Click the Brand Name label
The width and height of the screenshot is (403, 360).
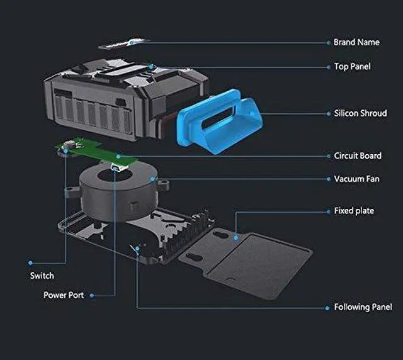click(x=356, y=42)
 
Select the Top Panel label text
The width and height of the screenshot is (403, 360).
click(x=352, y=66)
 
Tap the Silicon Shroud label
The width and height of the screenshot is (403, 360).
click(x=360, y=113)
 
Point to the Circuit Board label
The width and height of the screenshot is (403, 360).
click(x=357, y=155)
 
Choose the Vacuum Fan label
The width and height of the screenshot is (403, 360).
click(x=356, y=179)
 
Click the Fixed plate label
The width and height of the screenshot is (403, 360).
click(x=353, y=210)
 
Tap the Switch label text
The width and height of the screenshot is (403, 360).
click(x=42, y=276)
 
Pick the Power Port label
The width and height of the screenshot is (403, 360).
click(x=63, y=295)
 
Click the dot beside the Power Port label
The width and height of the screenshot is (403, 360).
click(x=93, y=295)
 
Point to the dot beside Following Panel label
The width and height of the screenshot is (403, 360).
click(x=327, y=307)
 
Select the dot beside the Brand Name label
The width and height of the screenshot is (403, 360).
click(x=327, y=42)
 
